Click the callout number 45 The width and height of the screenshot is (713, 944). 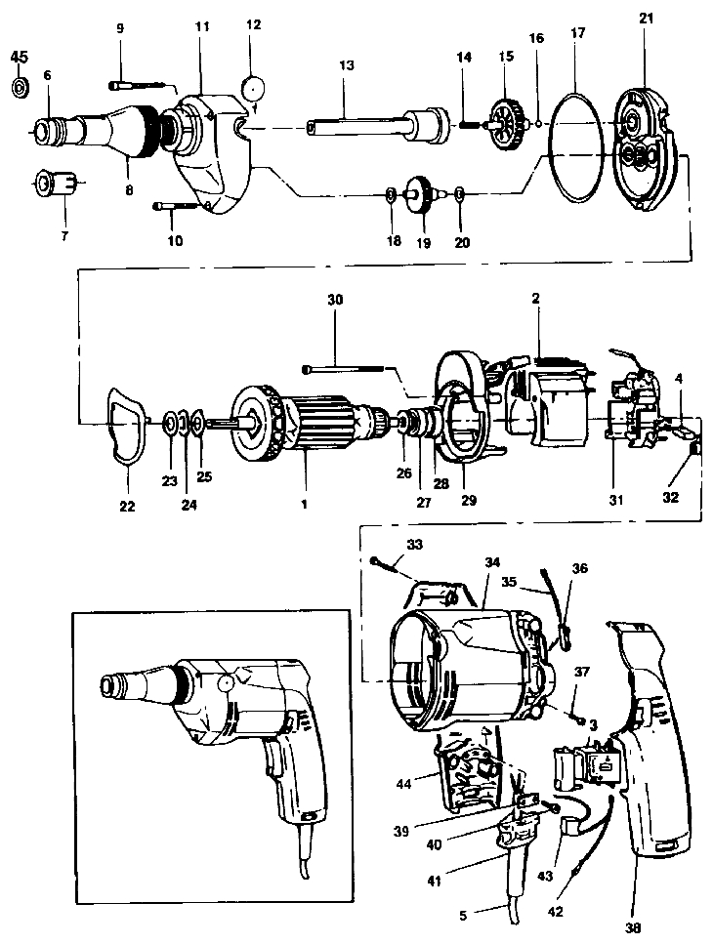click(19, 57)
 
